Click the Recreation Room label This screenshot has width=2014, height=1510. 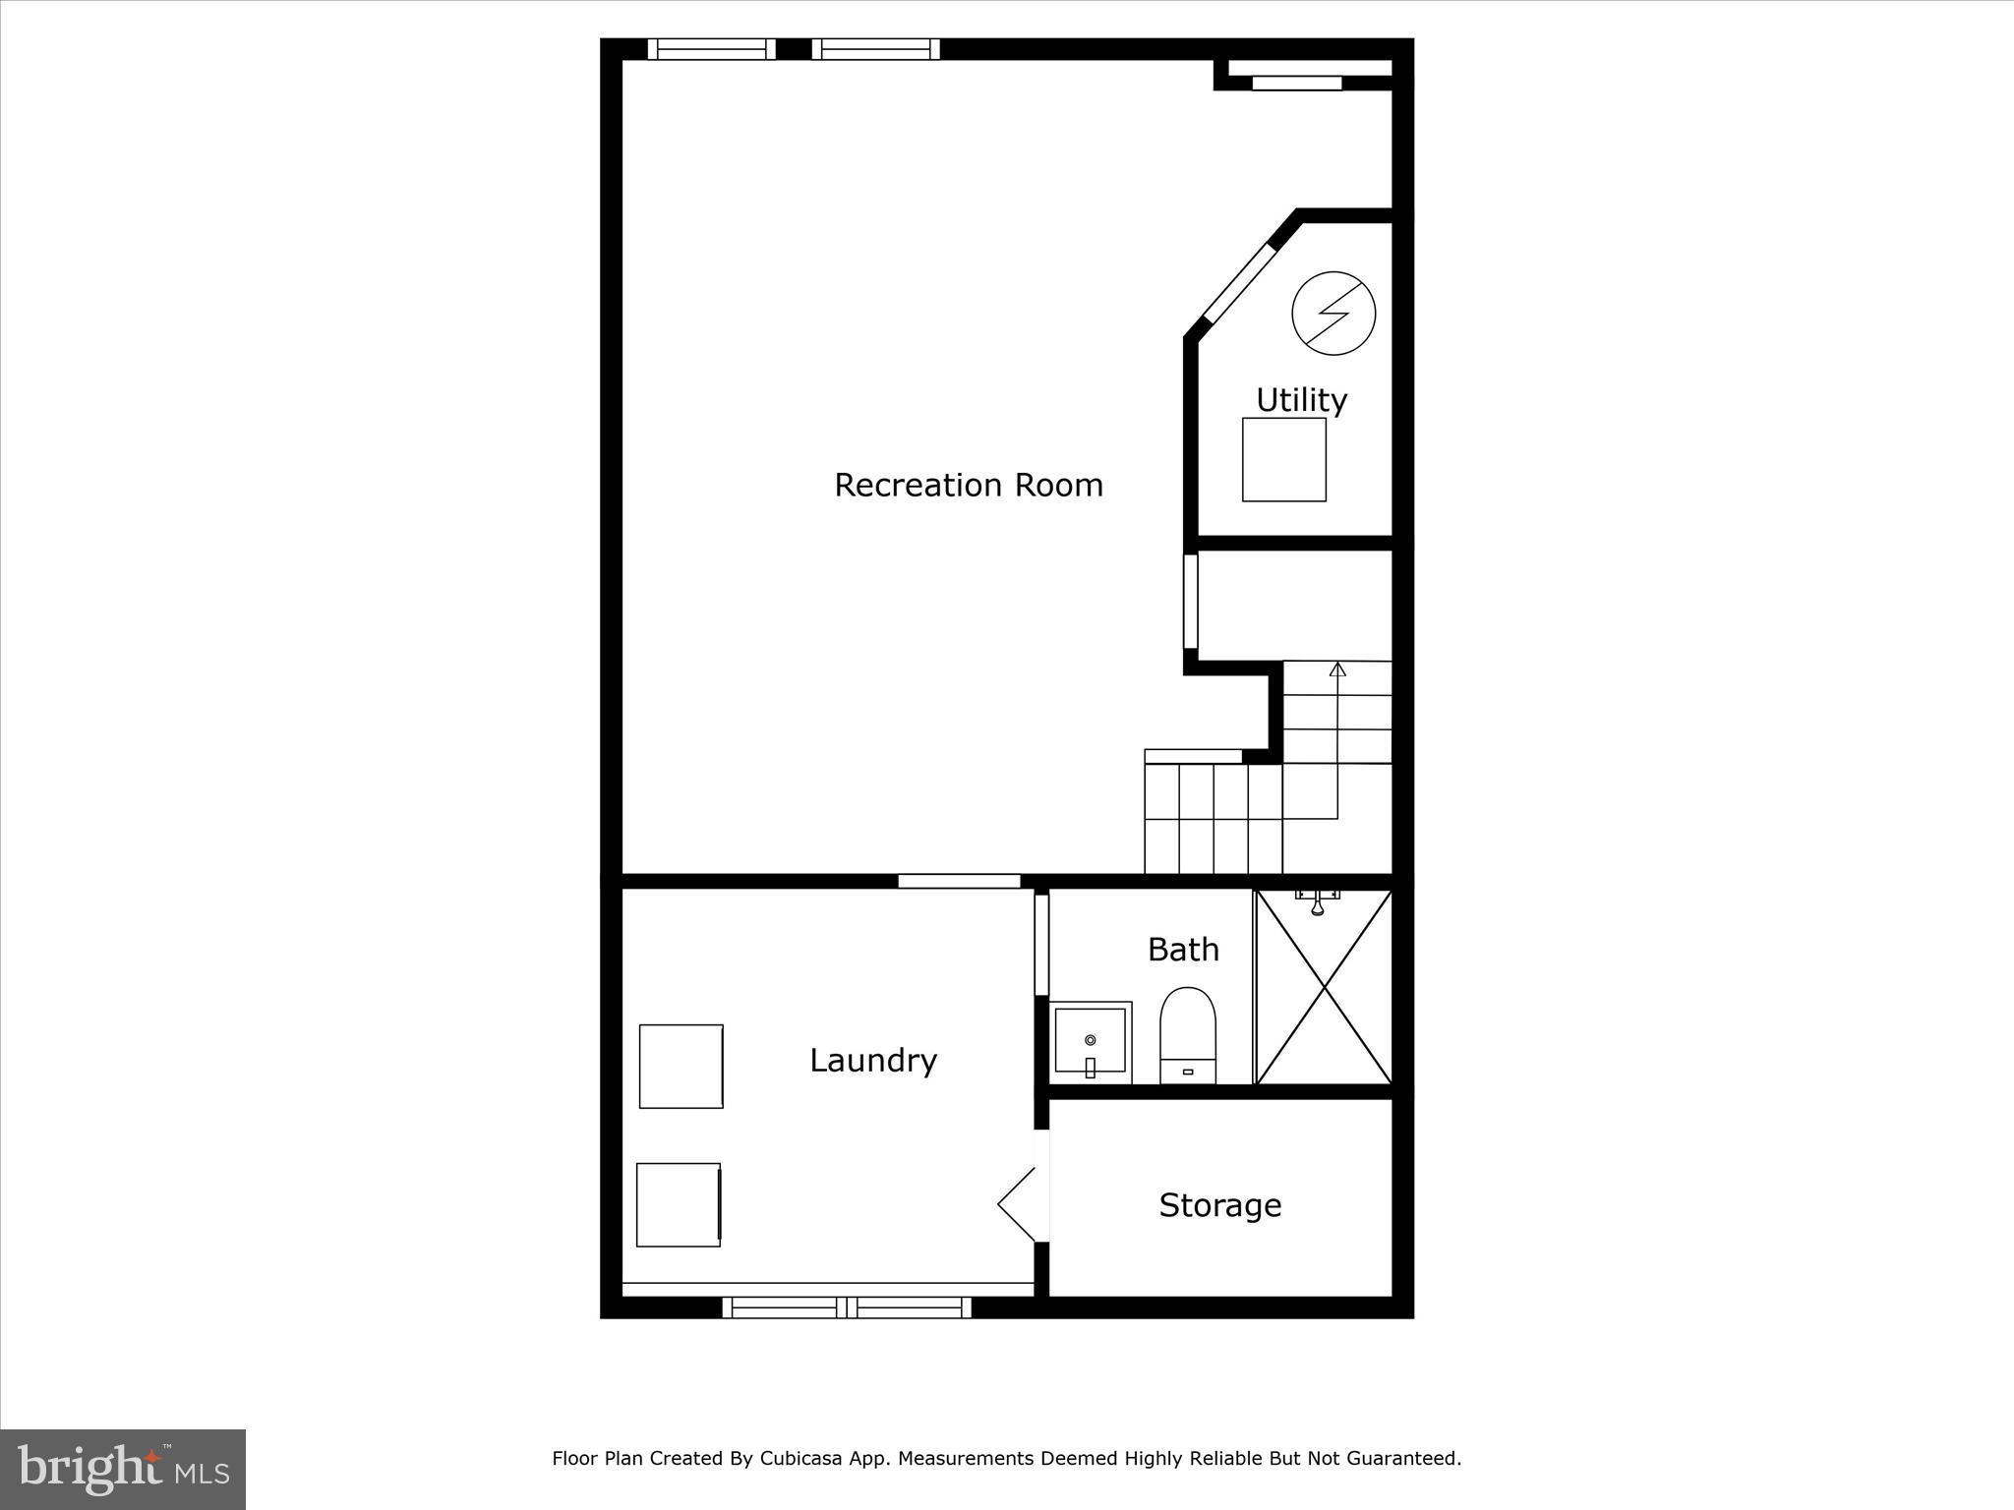tap(968, 485)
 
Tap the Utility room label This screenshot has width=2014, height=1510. tap(1300, 400)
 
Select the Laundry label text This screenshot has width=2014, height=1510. tap(872, 1060)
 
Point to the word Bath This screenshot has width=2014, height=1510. tap(1183, 950)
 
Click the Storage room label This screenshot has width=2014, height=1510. tap(1219, 1205)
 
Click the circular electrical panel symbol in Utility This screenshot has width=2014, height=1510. tap(1333, 314)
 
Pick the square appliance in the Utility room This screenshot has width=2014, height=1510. tap(1283, 460)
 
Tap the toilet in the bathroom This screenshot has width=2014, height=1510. tap(1188, 1036)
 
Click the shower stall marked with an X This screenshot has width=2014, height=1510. tap(1324, 987)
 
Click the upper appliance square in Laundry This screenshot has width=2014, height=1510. tap(681, 1066)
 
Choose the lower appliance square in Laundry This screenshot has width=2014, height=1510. tap(679, 1204)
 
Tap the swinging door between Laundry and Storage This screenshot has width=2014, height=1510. tap(1021, 1204)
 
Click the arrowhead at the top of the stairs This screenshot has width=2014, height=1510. tap(1336, 669)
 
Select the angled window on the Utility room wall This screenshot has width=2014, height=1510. tap(1238, 282)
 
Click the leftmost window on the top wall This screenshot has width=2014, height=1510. tap(711, 49)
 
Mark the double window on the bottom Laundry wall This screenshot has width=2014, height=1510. tap(847, 1307)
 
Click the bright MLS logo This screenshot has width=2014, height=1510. tap(123, 1470)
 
